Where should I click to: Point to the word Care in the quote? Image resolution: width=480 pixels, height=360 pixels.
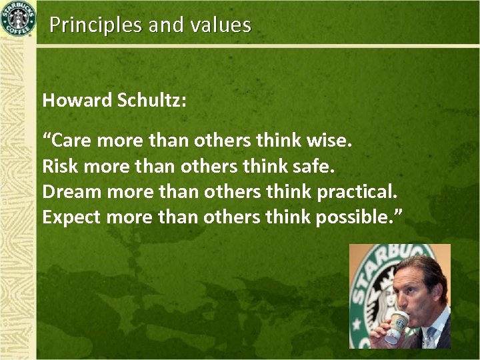[x=71, y=141]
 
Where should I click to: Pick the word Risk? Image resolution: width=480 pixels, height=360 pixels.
[x=58, y=167]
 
